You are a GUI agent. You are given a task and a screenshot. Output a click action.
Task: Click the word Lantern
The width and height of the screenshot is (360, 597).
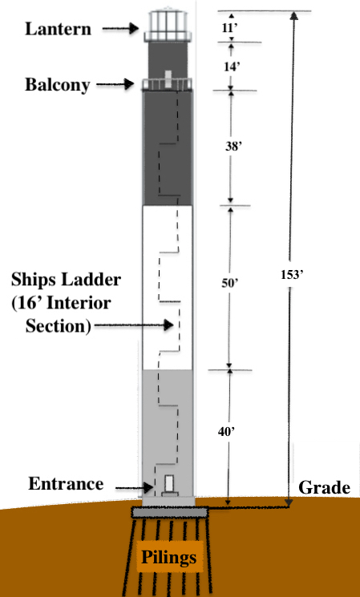click(58, 29)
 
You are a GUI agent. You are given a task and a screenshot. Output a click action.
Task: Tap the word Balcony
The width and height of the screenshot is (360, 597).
click(58, 85)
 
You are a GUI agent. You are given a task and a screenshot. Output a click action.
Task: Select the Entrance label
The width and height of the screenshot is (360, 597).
click(66, 484)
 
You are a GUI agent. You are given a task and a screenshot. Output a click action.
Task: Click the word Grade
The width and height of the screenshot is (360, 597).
click(324, 487)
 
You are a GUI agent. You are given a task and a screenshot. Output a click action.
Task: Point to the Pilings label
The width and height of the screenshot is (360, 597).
click(168, 558)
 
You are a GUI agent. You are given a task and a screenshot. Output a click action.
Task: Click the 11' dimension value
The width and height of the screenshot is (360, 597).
click(231, 28)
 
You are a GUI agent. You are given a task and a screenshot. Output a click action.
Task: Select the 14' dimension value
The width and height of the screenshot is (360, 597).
click(232, 67)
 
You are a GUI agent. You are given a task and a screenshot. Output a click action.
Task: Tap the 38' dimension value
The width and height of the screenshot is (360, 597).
click(233, 146)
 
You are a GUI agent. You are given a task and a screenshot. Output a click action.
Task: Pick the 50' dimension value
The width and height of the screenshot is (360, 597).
click(230, 283)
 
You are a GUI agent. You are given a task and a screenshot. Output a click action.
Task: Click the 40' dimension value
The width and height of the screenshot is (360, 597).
click(226, 431)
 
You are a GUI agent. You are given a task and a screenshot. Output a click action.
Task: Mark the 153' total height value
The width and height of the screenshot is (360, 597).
click(291, 275)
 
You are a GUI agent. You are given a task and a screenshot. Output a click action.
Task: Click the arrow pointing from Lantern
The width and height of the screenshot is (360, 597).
click(120, 28)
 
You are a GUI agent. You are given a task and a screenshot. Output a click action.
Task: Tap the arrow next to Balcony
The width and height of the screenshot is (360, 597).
click(115, 84)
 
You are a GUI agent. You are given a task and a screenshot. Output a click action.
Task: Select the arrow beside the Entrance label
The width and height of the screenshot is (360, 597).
click(134, 487)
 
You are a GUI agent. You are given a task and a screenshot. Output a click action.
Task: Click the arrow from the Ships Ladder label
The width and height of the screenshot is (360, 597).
click(134, 325)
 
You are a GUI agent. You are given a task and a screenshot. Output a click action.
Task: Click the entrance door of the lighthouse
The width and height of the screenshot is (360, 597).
click(169, 483)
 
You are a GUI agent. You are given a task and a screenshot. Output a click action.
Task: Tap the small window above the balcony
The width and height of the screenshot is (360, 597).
click(168, 79)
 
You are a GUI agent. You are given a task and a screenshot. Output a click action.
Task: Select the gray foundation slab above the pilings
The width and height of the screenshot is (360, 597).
click(170, 513)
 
